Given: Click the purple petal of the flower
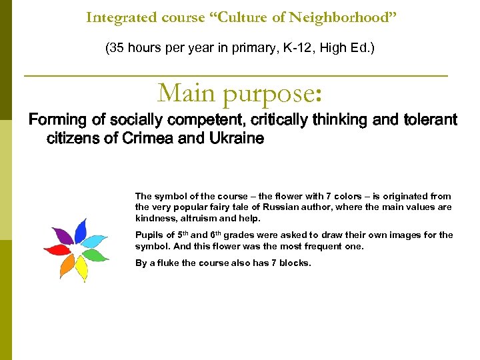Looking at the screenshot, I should pos(63,235).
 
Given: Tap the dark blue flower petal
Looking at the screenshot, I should pos(81,230).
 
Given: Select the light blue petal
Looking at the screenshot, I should pos(96,241).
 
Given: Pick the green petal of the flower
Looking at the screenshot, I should pos(95,255).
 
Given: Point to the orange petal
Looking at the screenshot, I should pos(67,265).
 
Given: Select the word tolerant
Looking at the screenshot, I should pos(429,120).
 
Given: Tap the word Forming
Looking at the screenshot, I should pos(58,120).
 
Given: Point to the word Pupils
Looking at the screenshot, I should pos(149,235).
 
